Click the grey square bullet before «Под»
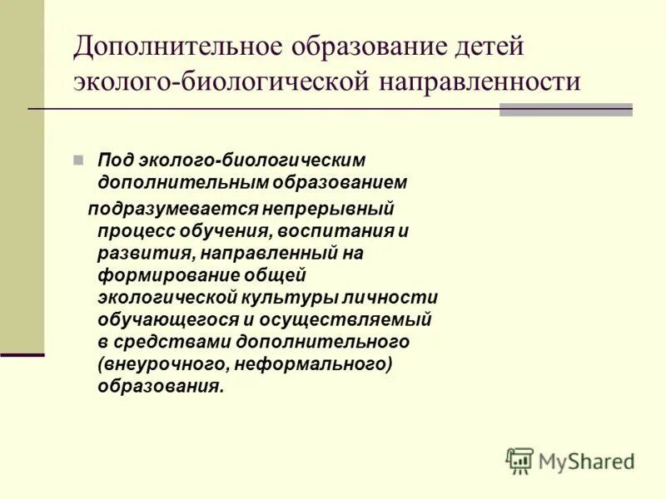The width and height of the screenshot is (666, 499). click(x=102, y=158)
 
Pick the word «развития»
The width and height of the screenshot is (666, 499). click(x=136, y=253)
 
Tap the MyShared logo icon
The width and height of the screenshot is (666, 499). click(x=519, y=460)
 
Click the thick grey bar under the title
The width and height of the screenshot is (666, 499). click(x=565, y=110)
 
